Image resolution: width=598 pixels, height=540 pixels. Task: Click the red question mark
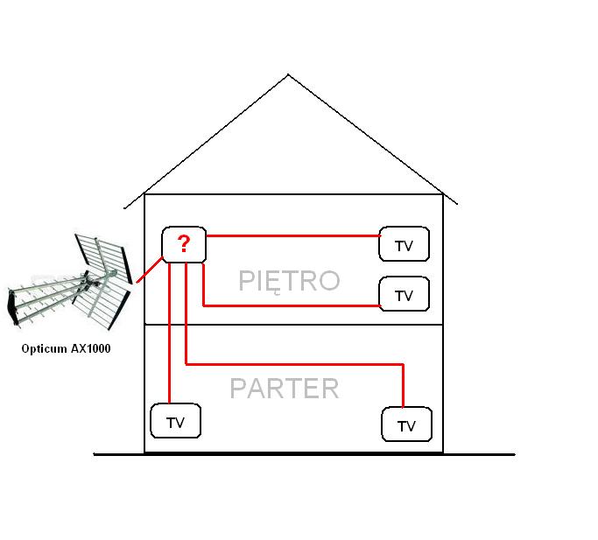tap(184, 243)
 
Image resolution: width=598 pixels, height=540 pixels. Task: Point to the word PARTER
tap(285, 389)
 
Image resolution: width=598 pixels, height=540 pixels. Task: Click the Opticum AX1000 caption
tap(66, 348)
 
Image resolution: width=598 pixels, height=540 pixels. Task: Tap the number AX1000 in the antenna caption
tap(90, 348)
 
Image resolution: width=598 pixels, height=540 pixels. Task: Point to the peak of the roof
tap(288, 74)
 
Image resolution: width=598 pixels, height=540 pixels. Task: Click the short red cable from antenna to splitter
tap(150, 270)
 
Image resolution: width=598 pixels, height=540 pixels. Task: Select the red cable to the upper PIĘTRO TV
tap(293, 235)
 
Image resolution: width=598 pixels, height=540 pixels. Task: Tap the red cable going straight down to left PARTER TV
tap(169, 333)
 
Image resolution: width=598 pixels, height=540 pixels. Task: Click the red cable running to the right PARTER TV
tap(293, 365)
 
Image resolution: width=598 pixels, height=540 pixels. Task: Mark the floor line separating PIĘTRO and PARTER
tap(293, 325)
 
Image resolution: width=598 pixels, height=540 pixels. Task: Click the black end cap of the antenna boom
tap(12, 307)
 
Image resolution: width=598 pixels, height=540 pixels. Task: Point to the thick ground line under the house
tap(305, 454)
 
